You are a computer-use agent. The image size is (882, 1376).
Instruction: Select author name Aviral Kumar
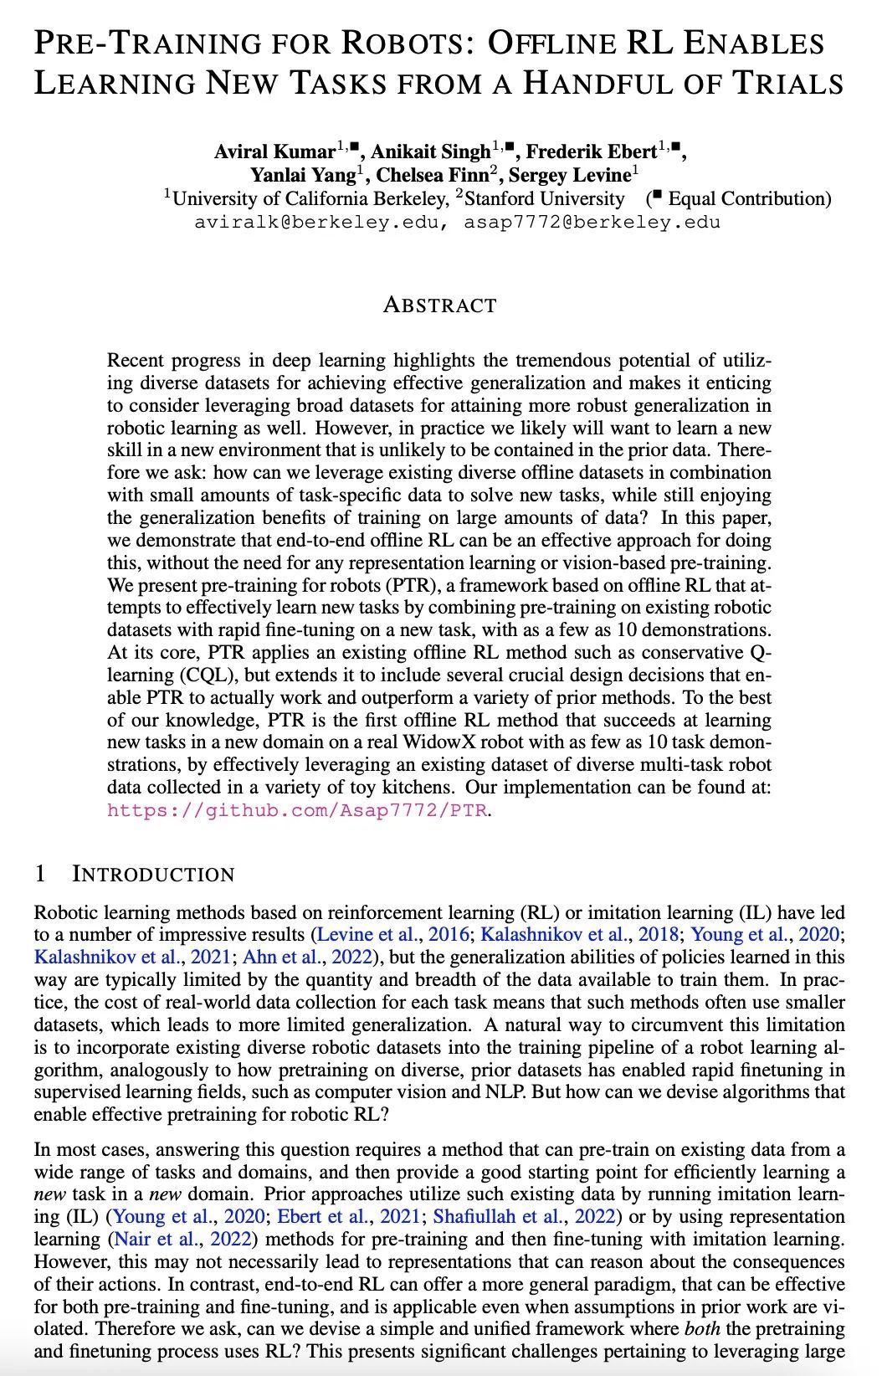tap(274, 152)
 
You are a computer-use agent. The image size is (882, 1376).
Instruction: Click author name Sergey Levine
tap(569, 176)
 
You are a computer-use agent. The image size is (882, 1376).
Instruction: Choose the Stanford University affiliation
tap(544, 199)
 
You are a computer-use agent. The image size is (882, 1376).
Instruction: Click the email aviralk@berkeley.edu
tap(315, 223)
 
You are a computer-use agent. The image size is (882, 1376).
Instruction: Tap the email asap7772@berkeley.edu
tap(592, 223)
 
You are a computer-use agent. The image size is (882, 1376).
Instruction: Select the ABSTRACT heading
tap(439, 305)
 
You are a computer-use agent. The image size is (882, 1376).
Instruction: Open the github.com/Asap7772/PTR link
tap(296, 810)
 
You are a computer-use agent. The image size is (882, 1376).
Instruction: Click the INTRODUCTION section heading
tap(153, 875)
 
